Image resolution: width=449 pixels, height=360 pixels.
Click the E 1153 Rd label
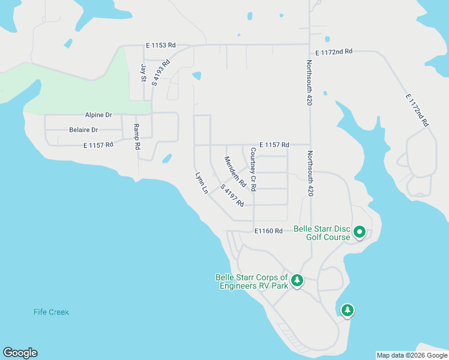tap(161, 45)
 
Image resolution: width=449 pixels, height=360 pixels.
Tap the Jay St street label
tap(143, 73)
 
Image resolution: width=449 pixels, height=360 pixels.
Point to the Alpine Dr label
tap(98, 115)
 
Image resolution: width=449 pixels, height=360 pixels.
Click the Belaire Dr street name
tap(83, 130)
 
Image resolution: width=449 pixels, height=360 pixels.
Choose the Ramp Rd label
tap(137, 137)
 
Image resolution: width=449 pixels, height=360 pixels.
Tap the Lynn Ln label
tap(201, 183)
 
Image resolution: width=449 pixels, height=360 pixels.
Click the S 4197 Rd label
tap(232, 196)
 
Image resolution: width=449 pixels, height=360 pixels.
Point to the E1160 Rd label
tap(268, 231)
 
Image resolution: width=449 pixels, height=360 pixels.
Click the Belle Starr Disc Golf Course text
tap(322, 233)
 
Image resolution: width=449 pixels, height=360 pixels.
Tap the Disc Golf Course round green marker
tap(360, 231)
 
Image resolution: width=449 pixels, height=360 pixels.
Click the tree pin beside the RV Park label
tap(297, 280)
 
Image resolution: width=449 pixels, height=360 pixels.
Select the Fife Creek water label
tap(52, 312)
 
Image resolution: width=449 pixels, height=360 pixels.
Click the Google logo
tap(20, 353)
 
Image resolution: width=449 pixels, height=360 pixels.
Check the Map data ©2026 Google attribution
tap(412, 355)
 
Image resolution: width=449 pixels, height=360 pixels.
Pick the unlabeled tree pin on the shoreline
tap(347, 310)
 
